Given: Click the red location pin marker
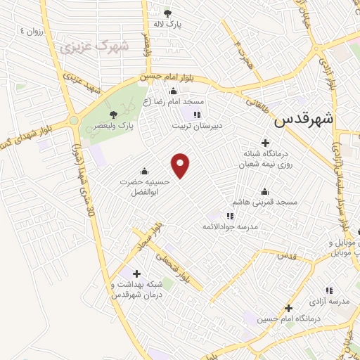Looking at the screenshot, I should tap(181, 166).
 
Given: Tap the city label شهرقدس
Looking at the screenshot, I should tap(303, 120).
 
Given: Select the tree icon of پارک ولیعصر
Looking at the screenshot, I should tap(112, 115).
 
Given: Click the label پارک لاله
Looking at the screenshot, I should tap(167, 24).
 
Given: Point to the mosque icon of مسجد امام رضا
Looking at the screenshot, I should tap(173, 91).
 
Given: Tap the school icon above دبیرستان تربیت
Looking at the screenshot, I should tap(198, 115).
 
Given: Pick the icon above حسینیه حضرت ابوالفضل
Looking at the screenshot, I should tap(144, 171).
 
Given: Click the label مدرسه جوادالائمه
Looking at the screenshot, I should tap(230, 226).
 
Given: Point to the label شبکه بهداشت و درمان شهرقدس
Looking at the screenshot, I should tap(136, 290).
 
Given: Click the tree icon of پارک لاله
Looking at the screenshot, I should tap(167, 13).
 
